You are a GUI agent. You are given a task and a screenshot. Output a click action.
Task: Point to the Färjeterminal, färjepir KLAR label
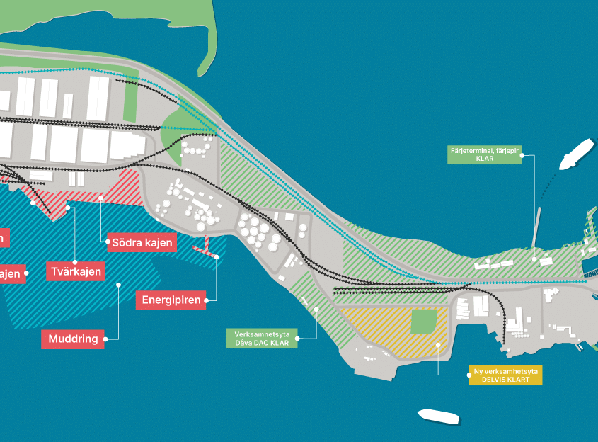[485, 154]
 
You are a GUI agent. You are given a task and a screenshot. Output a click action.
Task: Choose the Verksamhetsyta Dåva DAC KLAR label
[261, 339]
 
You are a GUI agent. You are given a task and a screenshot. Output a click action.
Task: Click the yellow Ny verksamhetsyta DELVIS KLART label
[505, 375]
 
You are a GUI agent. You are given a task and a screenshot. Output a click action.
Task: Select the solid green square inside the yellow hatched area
[424, 322]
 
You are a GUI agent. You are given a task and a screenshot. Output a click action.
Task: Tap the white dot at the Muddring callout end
[118, 285]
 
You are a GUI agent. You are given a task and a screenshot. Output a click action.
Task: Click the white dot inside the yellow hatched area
[439, 345]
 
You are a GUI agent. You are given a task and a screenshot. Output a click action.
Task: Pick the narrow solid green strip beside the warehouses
[130, 100]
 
